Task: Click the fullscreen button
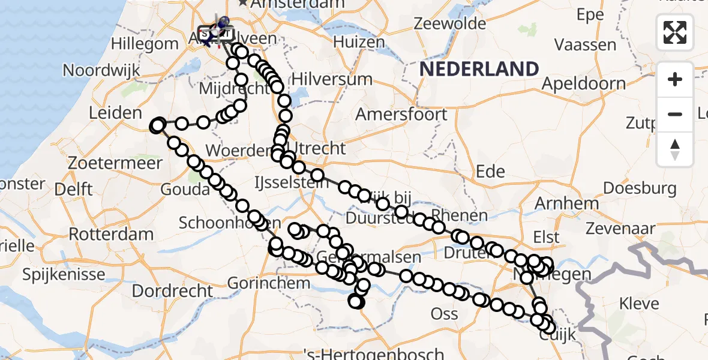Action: click(x=675, y=32)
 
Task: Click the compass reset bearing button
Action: click(x=675, y=149)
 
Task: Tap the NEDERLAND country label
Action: click(x=479, y=69)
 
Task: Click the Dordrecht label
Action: click(x=173, y=292)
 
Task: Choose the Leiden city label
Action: click(x=115, y=112)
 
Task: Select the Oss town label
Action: click(x=445, y=313)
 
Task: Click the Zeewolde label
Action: click(x=449, y=24)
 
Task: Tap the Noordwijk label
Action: click(x=101, y=70)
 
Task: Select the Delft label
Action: click(x=73, y=189)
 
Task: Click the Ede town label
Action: click(x=490, y=172)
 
